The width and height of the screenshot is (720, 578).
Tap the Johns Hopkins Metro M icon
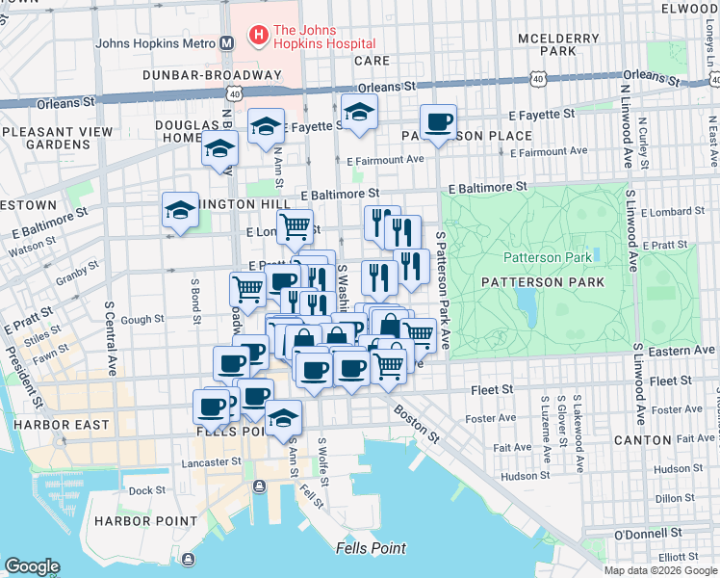(227, 43)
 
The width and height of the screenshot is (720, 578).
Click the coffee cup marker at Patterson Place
(438, 122)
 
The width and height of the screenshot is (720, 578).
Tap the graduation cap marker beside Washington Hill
(179, 211)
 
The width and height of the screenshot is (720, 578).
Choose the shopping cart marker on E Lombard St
(295, 227)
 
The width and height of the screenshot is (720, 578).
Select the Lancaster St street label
(211, 462)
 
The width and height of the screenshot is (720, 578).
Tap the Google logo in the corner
(33, 566)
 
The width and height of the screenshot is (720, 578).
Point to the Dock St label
(147, 490)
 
